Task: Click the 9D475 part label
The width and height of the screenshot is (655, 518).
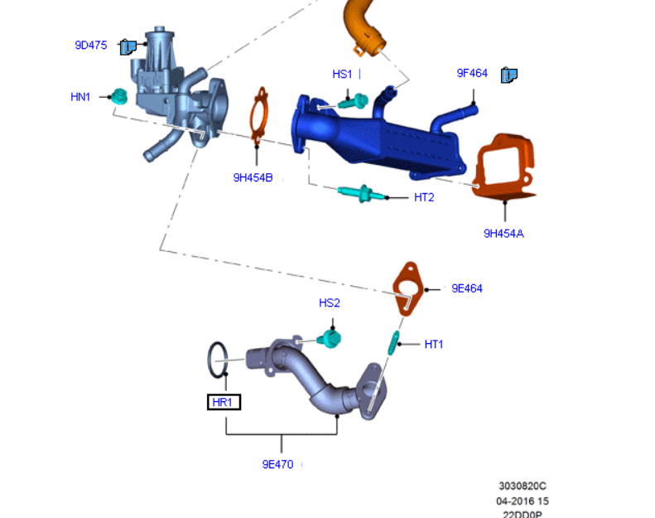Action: pyautogui.click(x=91, y=46)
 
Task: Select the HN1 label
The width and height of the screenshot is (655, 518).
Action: pyautogui.click(x=80, y=97)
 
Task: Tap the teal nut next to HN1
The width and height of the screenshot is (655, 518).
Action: pyautogui.click(x=118, y=96)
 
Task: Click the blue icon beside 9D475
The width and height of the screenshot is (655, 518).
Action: pyautogui.click(x=128, y=46)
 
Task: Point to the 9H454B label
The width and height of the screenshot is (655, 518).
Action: pyautogui.click(x=253, y=177)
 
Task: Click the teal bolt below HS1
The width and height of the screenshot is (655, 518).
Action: pyautogui.click(x=358, y=102)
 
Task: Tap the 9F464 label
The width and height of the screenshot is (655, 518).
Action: pyautogui.click(x=472, y=73)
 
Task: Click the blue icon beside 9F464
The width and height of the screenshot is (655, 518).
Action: pyautogui.click(x=509, y=75)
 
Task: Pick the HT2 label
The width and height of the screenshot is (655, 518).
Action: pyautogui.click(x=424, y=197)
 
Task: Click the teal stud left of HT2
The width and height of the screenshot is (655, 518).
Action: pyautogui.click(x=361, y=196)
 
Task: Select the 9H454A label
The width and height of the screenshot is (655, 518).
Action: pyautogui.click(x=503, y=233)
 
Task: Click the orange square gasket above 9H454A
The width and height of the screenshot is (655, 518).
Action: pyautogui.click(x=504, y=168)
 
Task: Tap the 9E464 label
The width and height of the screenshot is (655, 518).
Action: pyautogui.click(x=467, y=288)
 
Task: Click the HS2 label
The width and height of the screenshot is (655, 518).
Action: pyautogui.click(x=330, y=303)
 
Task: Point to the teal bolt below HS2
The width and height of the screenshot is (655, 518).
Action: pyautogui.click(x=330, y=339)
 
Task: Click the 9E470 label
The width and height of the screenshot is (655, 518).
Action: pyautogui.click(x=278, y=464)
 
